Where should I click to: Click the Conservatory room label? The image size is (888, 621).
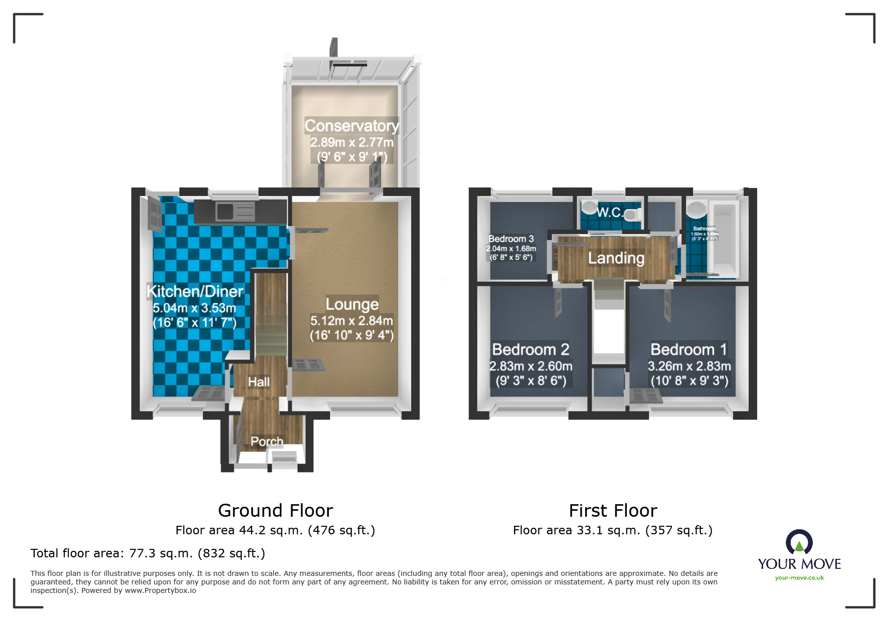pyautogui.click(x=351, y=125)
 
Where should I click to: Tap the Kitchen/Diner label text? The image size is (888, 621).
pyautogui.click(x=195, y=291)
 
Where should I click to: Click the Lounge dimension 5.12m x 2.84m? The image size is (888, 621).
pyautogui.click(x=351, y=321)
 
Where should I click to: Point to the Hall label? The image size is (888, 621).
pyautogui.click(x=259, y=382)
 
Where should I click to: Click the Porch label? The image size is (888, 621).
pyautogui.click(x=267, y=442)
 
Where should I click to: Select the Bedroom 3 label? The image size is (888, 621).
pyautogui.click(x=511, y=239)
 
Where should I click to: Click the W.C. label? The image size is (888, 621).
pyautogui.click(x=609, y=213)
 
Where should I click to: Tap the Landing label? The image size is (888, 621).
pyautogui.click(x=616, y=258)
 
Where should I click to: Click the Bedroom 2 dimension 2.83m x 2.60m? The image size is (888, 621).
pyautogui.click(x=531, y=366)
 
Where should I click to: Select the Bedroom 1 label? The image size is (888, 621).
pyautogui.click(x=688, y=349)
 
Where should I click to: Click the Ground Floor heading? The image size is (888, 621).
pyautogui.click(x=275, y=511)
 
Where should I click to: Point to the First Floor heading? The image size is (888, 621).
pyautogui.click(x=613, y=511)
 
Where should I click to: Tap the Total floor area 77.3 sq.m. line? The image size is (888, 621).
pyautogui.click(x=147, y=553)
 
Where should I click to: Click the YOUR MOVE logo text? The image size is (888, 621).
pyautogui.click(x=799, y=564)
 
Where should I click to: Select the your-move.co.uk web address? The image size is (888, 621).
pyautogui.click(x=799, y=578)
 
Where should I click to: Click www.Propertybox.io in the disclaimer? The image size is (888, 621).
pyautogui.click(x=160, y=590)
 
